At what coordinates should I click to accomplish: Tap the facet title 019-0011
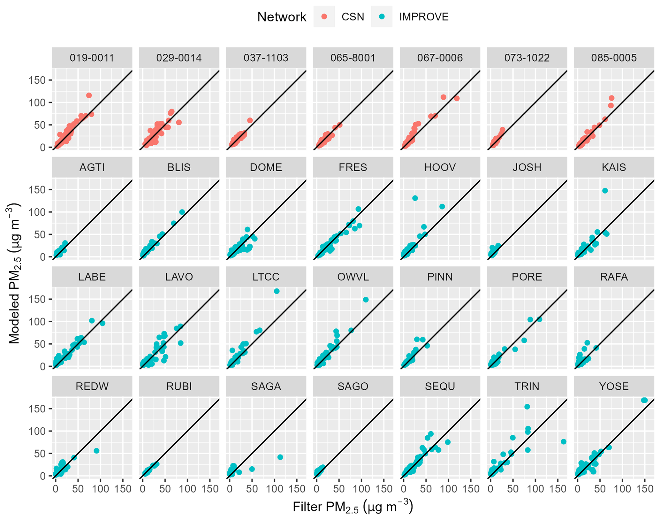coord(92,58)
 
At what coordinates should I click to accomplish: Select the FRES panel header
coord(353,167)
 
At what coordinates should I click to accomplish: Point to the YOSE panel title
coord(614,386)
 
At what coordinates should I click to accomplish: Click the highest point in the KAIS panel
coord(605,191)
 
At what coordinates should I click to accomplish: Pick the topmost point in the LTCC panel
coord(277,291)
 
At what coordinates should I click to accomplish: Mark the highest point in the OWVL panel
coord(366,300)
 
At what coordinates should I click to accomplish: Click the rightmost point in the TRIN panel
coord(564,441)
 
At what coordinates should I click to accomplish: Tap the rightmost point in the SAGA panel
coord(280,457)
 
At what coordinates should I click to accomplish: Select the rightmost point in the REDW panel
coord(96,451)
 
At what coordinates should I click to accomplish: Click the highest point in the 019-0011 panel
coord(89,96)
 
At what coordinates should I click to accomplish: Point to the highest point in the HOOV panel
coord(415,198)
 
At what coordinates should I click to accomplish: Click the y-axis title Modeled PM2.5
coord(14,273)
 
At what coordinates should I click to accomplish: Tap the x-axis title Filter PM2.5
coord(353,507)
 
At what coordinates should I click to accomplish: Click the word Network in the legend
coord(282,17)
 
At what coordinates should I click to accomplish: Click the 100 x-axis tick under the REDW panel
coord(101,489)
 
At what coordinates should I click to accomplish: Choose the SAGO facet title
coord(353,386)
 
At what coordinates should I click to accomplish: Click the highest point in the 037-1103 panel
coord(250,120)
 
